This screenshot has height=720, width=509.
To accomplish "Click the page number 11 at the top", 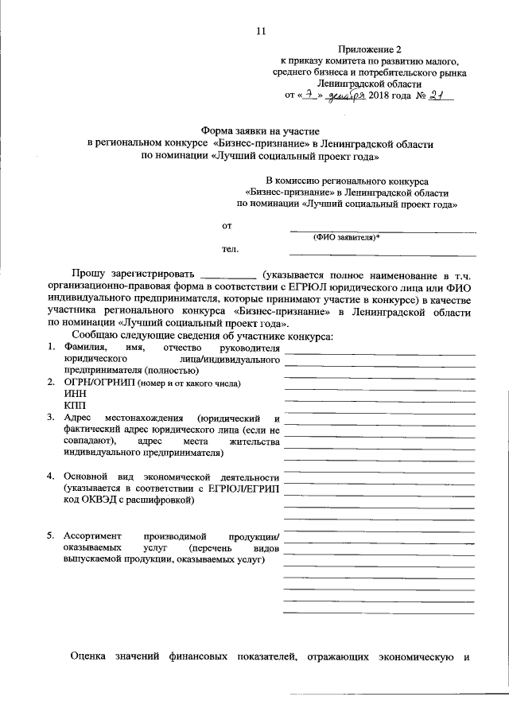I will point(261,31).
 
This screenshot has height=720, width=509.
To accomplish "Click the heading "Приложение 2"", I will point(370,49).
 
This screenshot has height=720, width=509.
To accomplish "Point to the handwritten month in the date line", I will point(345,95).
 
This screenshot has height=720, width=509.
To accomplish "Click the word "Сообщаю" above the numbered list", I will point(95,337).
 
